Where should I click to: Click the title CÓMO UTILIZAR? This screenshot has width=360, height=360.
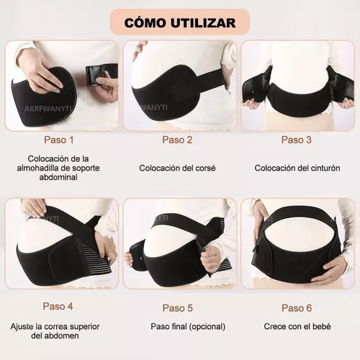coord(179,22)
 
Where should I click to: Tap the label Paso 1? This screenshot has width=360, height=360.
coord(58,140)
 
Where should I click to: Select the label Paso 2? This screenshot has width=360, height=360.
coord(177,140)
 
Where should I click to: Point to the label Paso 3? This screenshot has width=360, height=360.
coord(297,140)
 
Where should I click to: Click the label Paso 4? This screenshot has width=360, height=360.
coord(58,306)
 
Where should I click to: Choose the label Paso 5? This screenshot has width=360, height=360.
coord(177,307)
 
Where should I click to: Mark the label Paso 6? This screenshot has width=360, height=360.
coord(297,307)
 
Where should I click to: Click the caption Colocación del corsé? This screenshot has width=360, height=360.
coord(177,168)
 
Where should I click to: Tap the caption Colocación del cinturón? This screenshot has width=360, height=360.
coord(297,168)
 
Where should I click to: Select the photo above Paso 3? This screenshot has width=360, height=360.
coord(297,85)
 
